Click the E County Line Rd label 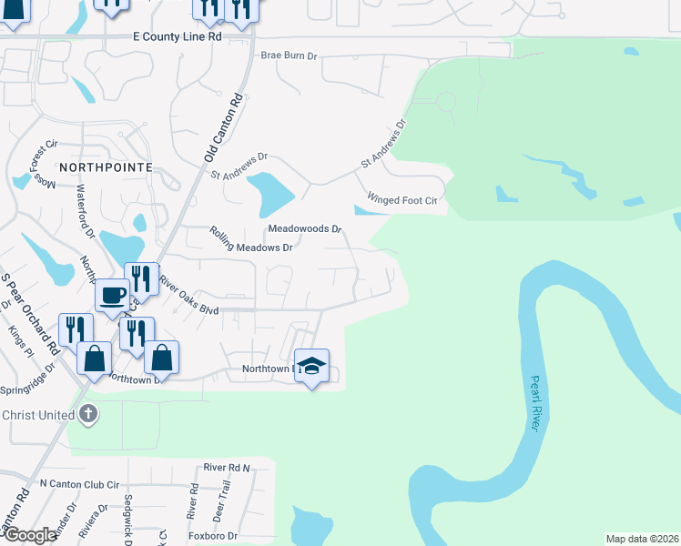coord(177,36)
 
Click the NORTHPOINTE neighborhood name coord(105,167)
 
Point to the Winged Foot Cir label coord(401,199)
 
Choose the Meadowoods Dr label coord(304,228)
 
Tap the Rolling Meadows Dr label coord(250,241)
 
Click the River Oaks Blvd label coord(188,296)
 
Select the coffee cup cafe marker coord(112,294)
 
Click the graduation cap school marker coord(311,366)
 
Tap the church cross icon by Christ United coord(87,414)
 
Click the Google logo coord(30,535)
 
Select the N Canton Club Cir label coord(80,483)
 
